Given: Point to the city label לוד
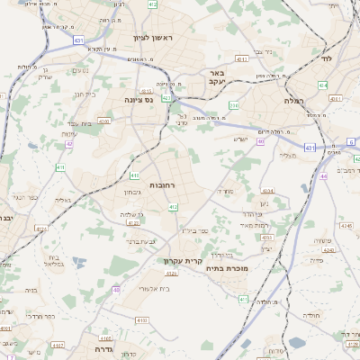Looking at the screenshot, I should click(x=326, y=58).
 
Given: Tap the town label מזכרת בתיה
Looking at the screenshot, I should click(x=238, y=267).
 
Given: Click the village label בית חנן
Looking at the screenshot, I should click(x=84, y=94).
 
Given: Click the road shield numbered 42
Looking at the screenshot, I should click(x=68, y=144).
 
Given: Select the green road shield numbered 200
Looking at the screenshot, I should click(x=234, y=105).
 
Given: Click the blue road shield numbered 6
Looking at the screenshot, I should click(x=351, y=142).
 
